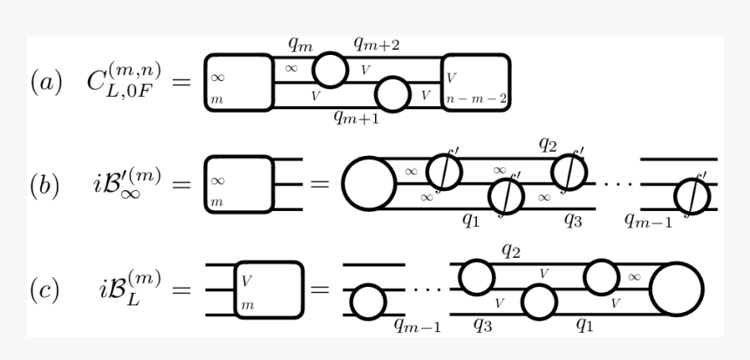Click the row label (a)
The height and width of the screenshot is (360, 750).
pos(46,84)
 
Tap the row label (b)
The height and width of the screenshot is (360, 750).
pos(46,186)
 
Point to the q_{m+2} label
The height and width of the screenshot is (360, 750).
pos(376,43)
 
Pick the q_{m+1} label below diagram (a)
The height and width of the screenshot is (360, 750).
pos(355,119)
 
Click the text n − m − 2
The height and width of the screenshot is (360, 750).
pos(475,98)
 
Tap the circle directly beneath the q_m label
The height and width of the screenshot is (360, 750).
pos(329,68)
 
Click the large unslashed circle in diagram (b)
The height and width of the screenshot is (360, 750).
pos(369,184)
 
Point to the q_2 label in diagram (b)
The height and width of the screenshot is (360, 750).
pos(547,146)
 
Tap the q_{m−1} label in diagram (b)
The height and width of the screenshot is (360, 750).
pos(649,221)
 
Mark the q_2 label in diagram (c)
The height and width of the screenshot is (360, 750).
pos(511,250)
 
